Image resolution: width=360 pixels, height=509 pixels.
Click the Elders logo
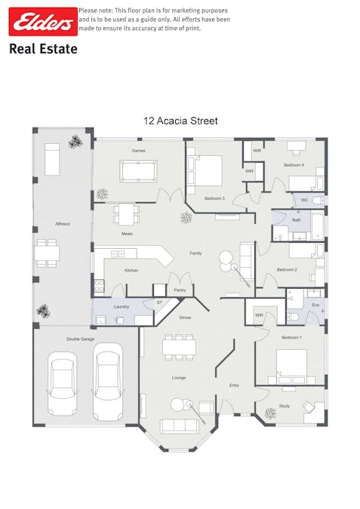click(x=42, y=23)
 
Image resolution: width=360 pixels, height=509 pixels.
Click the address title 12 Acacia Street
click(x=180, y=120)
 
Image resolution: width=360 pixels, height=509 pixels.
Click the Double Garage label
click(x=80, y=339)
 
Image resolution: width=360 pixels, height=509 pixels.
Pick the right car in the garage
click(x=107, y=381)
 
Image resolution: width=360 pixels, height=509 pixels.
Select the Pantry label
click(x=180, y=290)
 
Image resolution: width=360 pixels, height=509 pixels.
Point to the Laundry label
click(x=122, y=307)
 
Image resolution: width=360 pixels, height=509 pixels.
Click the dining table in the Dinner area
click(x=180, y=347)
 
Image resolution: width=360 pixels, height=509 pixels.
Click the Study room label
click(x=284, y=406)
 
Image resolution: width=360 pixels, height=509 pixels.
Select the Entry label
click(x=234, y=385)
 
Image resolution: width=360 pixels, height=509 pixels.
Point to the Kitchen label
click(x=131, y=270)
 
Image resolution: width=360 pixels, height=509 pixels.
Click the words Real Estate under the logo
click(x=43, y=49)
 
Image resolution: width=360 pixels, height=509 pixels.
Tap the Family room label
click(x=195, y=253)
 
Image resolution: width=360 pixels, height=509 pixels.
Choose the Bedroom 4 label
click(x=294, y=164)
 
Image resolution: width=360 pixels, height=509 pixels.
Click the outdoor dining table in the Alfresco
click(x=47, y=253)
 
